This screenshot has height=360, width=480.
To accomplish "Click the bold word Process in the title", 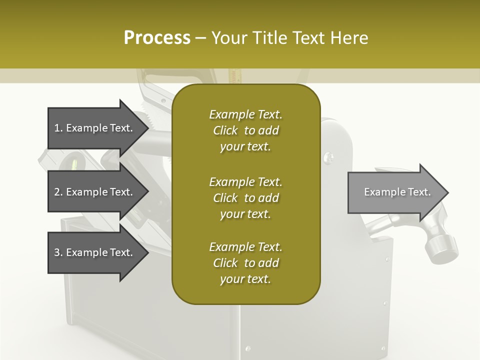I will click(157, 38).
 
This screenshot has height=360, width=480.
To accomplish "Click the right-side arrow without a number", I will click(397, 192).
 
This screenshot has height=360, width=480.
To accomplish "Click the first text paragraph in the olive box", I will click(245, 130).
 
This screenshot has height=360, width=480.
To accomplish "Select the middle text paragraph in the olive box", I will click(245, 197).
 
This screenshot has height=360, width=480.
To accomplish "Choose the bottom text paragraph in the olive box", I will click(245, 262).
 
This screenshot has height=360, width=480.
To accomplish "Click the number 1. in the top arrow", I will click(58, 128).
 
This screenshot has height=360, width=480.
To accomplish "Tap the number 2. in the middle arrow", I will click(58, 192).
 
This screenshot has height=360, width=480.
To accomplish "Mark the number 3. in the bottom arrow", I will click(58, 252).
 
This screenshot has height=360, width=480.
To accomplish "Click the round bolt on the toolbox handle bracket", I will click(328, 157).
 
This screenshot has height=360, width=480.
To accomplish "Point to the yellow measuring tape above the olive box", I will click(232, 76).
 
